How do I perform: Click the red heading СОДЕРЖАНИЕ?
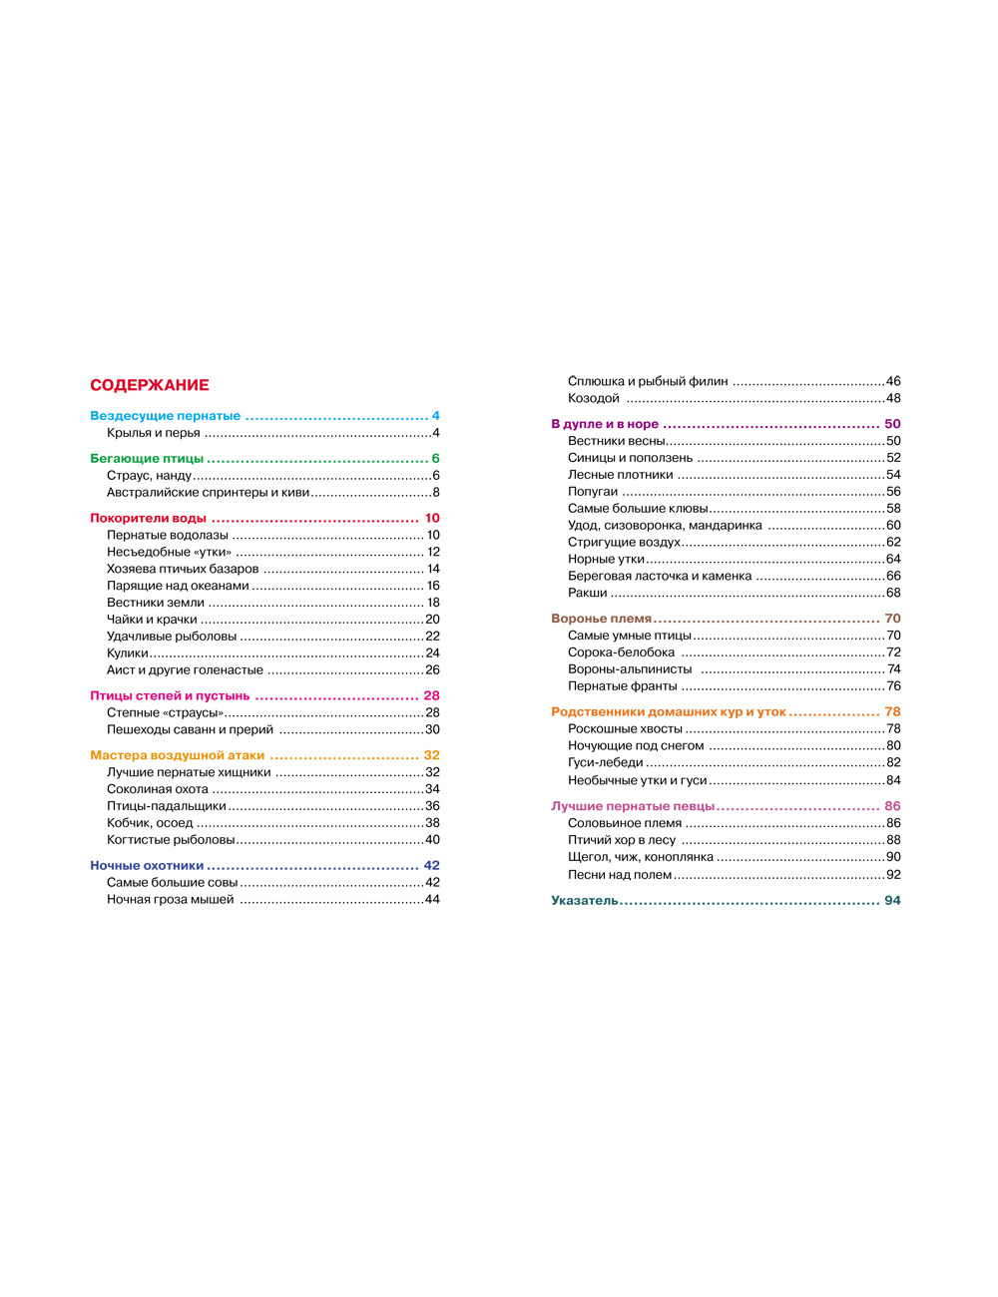tap(150, 385)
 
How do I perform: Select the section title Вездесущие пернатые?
tap(166, 416)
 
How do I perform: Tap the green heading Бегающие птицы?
tap(147, 459)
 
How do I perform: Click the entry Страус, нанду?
tap(149, 476)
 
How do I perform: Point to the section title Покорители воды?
tap(149, 519)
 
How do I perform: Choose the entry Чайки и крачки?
tap(152, 620)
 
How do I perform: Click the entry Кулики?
tap(128, 653)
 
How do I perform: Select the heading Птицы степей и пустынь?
tap(170, 696)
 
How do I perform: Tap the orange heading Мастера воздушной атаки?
tap(178, 756)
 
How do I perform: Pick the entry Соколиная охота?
tap(158, 789)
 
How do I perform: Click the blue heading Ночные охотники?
tap(147, 866)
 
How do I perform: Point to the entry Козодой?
tap(594, 398)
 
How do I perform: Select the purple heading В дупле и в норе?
tap(605, 424)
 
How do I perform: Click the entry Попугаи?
tap(593, 492)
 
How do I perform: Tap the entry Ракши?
tap(588, 593)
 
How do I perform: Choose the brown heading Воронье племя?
tap(602, 619)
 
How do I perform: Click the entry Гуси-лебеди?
tap(606, 763)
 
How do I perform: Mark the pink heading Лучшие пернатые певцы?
tap(633, 806)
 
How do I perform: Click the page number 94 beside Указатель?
tap(892, 901)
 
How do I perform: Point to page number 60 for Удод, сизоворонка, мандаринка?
tap(893, 526)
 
